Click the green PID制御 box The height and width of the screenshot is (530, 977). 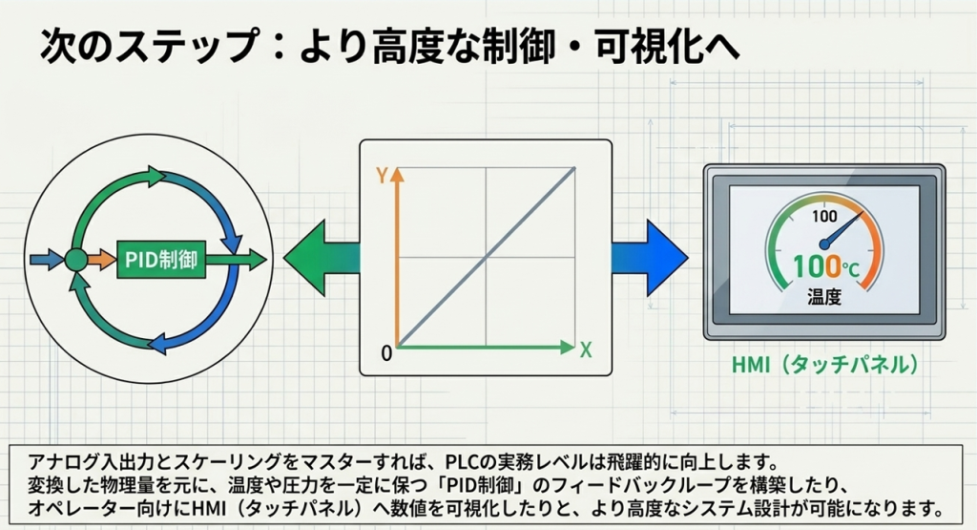coord(161,260)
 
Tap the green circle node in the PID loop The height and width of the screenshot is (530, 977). coord(76,260)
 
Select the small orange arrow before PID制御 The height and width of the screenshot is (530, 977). coord(101,260)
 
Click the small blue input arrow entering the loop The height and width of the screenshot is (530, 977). coord(47,260)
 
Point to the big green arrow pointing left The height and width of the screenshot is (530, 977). coord(322,258)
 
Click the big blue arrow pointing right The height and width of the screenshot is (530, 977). coord(649,258)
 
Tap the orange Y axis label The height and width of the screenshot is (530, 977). coord(382,176)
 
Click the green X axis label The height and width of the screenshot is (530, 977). coord(586,350)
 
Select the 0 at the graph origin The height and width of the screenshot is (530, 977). coord(386,353)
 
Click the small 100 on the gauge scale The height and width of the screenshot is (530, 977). coord(824,217)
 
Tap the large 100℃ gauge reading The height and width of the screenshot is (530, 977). coord(826,266)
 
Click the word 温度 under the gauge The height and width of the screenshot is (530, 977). coord(824,296)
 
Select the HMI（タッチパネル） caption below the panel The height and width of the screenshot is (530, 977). coord(825,365)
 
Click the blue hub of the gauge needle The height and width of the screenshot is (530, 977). coord(824,244)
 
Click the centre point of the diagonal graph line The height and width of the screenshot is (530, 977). coord(486,256)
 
